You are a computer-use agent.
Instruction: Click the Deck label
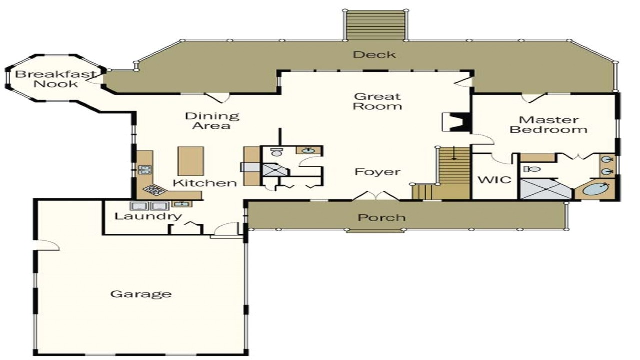374,55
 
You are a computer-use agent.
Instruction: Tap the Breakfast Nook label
55,79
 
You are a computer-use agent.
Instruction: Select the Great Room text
377,101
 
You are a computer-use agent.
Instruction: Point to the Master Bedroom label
548,125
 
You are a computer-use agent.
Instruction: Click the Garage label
140,294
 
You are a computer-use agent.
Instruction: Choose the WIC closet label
494,179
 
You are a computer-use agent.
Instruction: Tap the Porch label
381,218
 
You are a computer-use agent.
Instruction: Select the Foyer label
377,172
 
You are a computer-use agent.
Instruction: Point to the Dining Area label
212,121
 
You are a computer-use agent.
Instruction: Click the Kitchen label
205,183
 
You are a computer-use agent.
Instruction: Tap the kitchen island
190,161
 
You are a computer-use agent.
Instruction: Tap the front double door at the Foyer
376,196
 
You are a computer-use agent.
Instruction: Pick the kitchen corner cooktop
155,190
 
